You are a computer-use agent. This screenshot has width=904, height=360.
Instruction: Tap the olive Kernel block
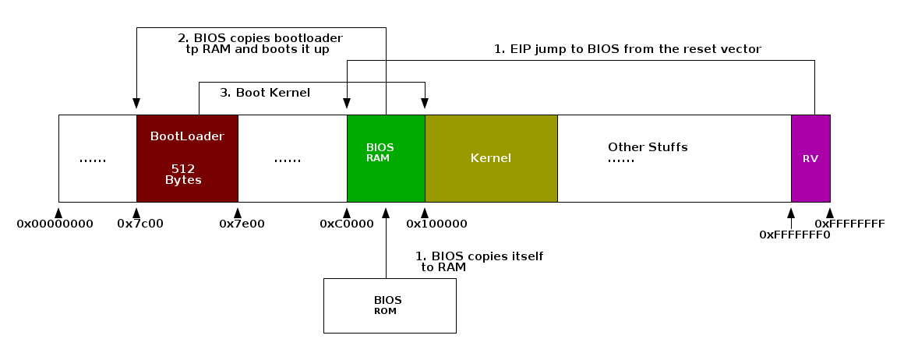pyautogui.click(x=491, y=157)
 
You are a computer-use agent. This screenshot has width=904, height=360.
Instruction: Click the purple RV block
pyautogui.click(x=810, y=157)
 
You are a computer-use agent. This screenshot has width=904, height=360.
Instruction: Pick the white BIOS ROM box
pyautogui.click(x=389, y=305)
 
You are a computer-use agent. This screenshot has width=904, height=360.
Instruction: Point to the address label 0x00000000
pyautogui.click(x=55, y=224)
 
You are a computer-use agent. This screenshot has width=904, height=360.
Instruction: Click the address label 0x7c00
pyautogui.click(x=139, y=224)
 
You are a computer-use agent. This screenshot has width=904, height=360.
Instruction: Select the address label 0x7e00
pyautogui.click(x=242, y=224)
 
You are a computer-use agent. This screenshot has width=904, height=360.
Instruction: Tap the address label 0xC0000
pyautogui.click(x=347, y=224)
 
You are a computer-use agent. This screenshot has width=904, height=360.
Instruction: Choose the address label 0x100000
pyautogui.click(x=436, y=224)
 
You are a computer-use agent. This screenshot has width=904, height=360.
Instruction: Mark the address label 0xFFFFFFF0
pyautogui.click(x=794, y=234)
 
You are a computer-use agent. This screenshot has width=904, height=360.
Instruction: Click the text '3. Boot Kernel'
pyautogui.click(x=265, y=93)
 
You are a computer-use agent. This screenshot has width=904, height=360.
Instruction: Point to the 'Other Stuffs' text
pyautogui.click(x=648, y=147)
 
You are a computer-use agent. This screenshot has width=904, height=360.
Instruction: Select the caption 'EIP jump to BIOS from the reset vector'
pyautogui.click(x=627, y=49)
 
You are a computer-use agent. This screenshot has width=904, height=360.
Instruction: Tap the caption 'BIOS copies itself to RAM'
pyautogui.click(x=479, y=262)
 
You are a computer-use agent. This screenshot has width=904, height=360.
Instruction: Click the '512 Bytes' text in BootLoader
pyautogui.click(x=183, y=174)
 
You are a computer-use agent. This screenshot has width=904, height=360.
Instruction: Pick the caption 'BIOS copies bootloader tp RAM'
pyautogui.click(x=260, y=43)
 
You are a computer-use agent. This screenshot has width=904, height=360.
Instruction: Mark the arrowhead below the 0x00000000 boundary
pyautogui.click(x=58, y=210)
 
